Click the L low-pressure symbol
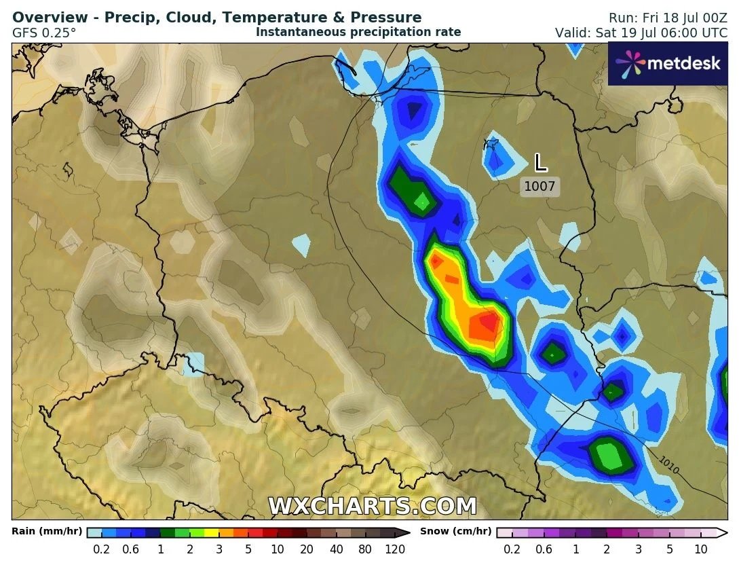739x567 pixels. tap(540, 163)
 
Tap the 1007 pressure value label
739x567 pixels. tap(540, 186)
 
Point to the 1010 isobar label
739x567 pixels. tap(668, 465)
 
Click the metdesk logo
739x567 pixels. tap(667, 64)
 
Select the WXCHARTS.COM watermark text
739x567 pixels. tap(373, 506)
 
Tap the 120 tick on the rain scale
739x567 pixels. tap(395, 549)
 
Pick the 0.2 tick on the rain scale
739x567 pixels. tap(102, 549)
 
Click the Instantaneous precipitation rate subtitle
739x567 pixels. tap(358, 32)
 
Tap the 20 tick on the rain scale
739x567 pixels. tap(307, 549)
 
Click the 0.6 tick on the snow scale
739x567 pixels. tap(544, 549)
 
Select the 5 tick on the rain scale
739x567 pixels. tap(249, 549)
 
